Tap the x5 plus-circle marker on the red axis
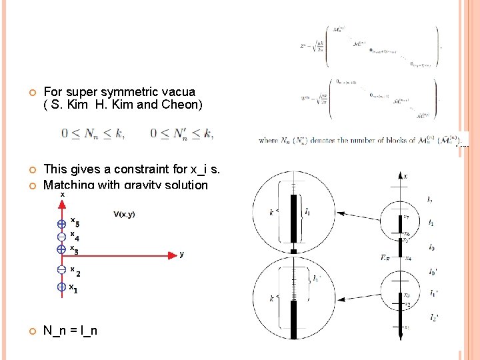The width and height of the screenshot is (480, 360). (61, 224)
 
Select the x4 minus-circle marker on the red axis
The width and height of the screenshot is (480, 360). (61, 237)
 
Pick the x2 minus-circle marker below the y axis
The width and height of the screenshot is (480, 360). (61, 270)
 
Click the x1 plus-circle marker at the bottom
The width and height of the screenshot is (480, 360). (61, 287)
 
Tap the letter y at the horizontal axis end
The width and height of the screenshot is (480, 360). (181, 254)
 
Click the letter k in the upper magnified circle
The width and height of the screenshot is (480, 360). (271, 212)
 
